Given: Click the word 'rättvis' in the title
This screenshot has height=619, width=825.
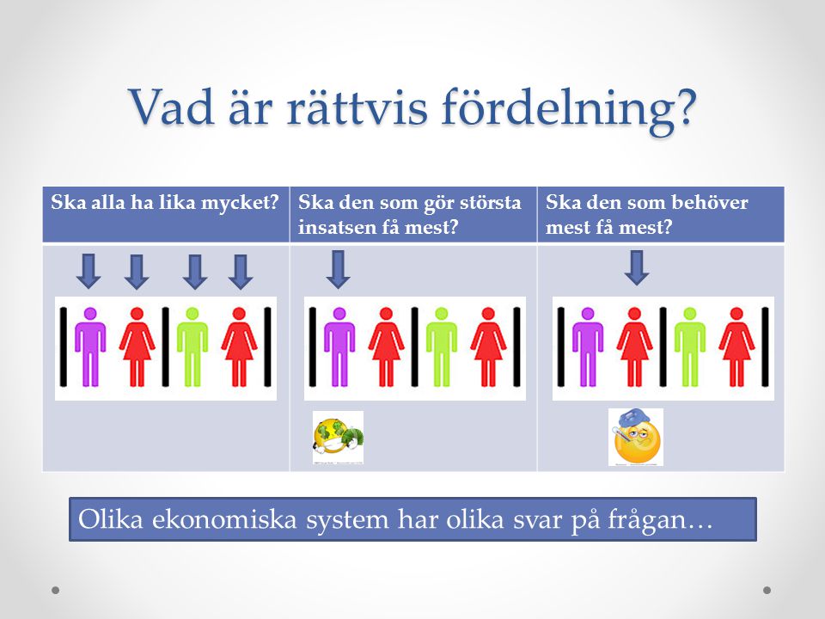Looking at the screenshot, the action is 357,107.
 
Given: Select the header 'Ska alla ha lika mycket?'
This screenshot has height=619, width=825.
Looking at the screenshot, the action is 164,203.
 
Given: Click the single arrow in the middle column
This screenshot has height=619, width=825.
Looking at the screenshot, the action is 339,269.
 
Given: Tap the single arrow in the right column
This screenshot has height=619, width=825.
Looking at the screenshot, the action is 637,268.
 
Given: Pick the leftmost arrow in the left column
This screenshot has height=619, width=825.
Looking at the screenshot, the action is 89,272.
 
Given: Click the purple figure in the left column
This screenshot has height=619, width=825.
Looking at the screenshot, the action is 90,346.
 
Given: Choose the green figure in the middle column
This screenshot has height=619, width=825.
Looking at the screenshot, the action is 442,346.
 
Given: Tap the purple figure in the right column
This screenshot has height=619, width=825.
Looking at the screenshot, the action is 588,346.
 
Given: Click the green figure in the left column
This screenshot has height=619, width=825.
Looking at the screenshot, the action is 192,346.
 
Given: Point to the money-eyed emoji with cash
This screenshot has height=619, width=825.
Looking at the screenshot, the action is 339,438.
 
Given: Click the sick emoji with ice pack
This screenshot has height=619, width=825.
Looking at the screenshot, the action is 636,438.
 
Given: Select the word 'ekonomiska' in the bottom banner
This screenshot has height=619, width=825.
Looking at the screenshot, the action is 225,519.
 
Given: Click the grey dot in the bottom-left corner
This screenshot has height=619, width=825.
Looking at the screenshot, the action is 56,590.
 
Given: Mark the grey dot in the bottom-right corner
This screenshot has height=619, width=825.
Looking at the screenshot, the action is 767,590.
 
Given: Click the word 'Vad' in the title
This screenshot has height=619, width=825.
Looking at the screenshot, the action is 172,107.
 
